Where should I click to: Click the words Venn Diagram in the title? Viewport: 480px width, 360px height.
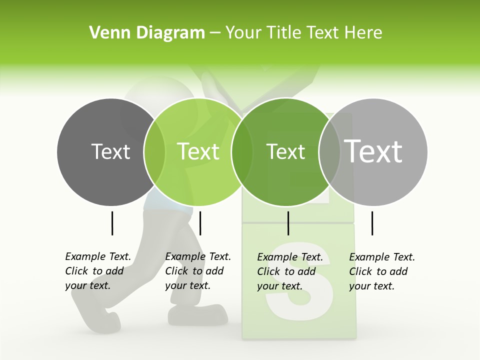pyautogui.click(x=147, y=33)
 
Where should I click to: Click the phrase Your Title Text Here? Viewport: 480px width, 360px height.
pyautogui.click(x=303, y=33)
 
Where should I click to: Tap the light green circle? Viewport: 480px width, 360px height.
pyautogui.click(x=198, y=175)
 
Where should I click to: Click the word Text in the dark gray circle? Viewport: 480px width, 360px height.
pyautogui.click(x=111, y=151)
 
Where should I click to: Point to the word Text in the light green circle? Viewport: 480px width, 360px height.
pyautogui.click(x=198, y=151)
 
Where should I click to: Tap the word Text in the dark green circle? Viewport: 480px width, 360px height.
pyautogui.click(x=286, y=151)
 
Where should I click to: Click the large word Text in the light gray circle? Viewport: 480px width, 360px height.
pyautogui.click(x=373, y=151)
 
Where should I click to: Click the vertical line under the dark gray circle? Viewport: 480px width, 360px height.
pyautogui.click(x=112, y=223)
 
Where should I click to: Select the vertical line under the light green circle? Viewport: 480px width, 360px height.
pyautogui.click(x=200, y=223)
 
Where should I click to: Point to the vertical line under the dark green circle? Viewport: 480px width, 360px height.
pyautogui.click(x=288, y=223)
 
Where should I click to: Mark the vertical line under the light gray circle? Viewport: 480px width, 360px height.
pyautogui.click(x=372, y=223)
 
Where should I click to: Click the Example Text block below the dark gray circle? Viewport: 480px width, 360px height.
pyautogui.click(x=98, y=271)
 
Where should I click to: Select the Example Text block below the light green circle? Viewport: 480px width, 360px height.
pyautogui.click(x=198, y=271)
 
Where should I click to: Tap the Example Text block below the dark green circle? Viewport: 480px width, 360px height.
pyautogui.click(x=290, y=271)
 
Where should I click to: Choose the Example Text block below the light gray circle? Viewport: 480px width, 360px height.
pyautogui.click(x=382, y=271)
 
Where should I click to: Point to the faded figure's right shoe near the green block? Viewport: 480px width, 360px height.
pyautogui.click(x=197, y=315)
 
